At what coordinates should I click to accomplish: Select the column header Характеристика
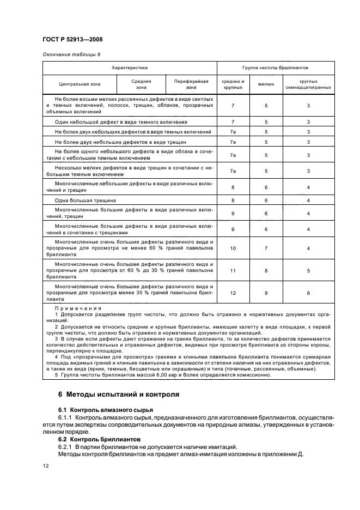[x=130, y=68]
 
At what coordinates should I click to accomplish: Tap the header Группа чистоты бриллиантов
[x=276, y=68]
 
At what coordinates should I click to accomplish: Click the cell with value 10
[x=233, y=248]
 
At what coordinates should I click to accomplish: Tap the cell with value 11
[x=233, y=270]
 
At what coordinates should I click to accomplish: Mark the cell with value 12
[x=233, y=293]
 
